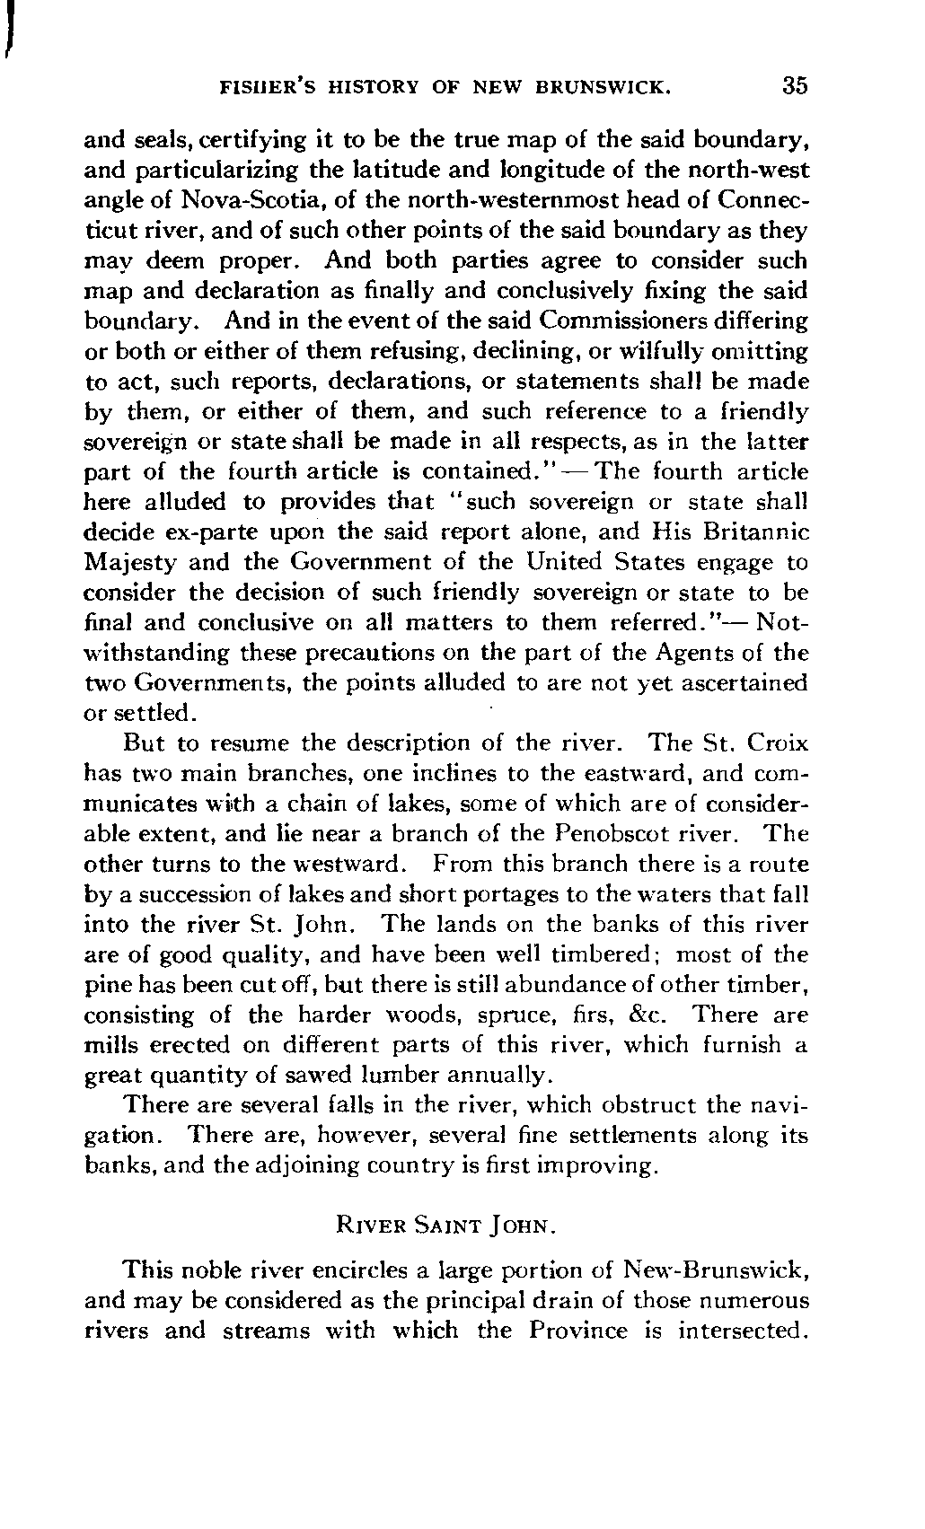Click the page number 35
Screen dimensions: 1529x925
[795, 86]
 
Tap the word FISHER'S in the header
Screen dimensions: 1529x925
[262, 87]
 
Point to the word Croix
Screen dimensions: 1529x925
[776, 744]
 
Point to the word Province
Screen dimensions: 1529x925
[577, 1331]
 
